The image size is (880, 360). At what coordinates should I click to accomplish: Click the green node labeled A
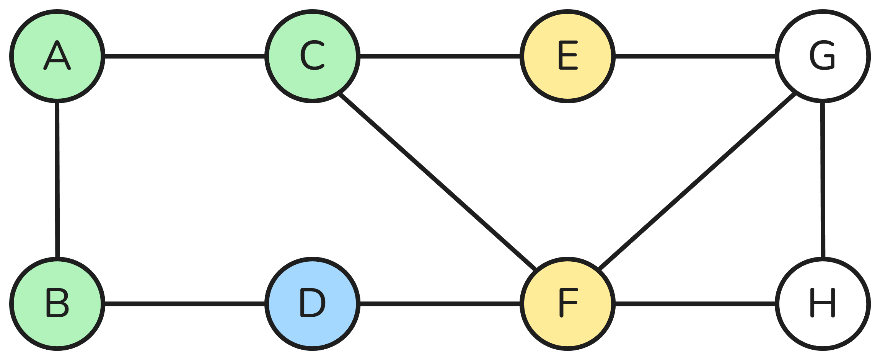pyautogui.click(x=57, y=56)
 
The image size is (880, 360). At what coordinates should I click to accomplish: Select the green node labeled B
pyautogui.click(x=57, y=304)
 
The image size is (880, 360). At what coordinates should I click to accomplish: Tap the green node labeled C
pyautogui.click(x=312, y=56)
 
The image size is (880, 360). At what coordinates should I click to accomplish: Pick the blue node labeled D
pyautogui.click(x=312, y=304)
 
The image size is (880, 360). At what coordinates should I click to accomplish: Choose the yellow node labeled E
pyautogui.click(x=567, y=56)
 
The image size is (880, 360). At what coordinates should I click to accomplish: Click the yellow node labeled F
pyautogui.click(x=567, y=304)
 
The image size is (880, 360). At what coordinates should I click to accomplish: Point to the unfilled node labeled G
pyautogui.click(x=823, y=56)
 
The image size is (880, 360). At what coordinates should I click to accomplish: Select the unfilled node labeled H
pyautogui.click(x=823, y=304)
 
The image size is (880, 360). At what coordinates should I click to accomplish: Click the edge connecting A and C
pyautogui.click(x=185, y=56)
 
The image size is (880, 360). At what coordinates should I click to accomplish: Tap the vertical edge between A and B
pyautogui.click(x=57, y=180)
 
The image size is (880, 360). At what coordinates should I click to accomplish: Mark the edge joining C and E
pyautogui.click(x=440, y=56)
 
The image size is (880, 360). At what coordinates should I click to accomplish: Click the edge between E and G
pyautogui.click(x=695, y=56)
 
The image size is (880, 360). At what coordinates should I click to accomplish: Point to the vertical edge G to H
pyautogui.click(x=823, y=180)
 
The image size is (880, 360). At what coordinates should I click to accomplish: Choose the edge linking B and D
pyautogui.click(x=185, y=304)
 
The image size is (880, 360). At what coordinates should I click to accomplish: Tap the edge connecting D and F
pyautogui.click(x=440, y=304)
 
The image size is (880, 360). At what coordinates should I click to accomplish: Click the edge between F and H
pyautogui.click(x=695, y=304)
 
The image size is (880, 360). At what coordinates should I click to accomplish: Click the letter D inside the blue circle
pyautogui.click(x=312, y=303)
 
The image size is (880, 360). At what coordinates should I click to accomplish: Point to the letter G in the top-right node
pyautogui.click(x=822, y=56)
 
